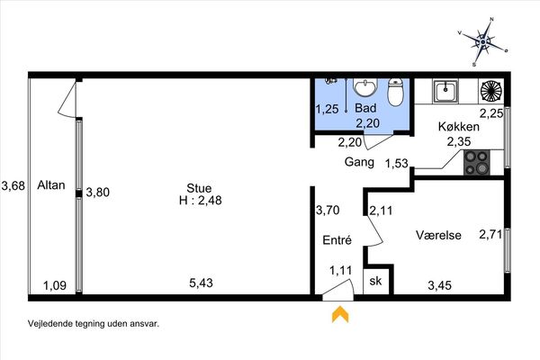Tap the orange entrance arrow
pos(340,314)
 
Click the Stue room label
pos(199,188)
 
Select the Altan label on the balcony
pos(51,185)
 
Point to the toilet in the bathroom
pos(395,92)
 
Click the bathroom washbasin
pos(365,87)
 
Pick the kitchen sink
pos(445,91)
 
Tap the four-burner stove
pos(477,162)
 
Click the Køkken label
pos(459,126)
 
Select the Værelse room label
pos(438,235)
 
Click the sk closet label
pos(375,281)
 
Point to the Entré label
pos(337,239)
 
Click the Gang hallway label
pos(359,162)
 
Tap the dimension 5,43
pos(201,283)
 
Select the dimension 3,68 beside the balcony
pos(13,185)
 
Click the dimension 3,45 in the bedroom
pos(440,285)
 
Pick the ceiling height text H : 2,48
pos(201,200)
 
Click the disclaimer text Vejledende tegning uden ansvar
pos(94,323)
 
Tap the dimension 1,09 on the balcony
pos(55,285)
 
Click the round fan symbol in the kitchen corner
pos(490,92)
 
